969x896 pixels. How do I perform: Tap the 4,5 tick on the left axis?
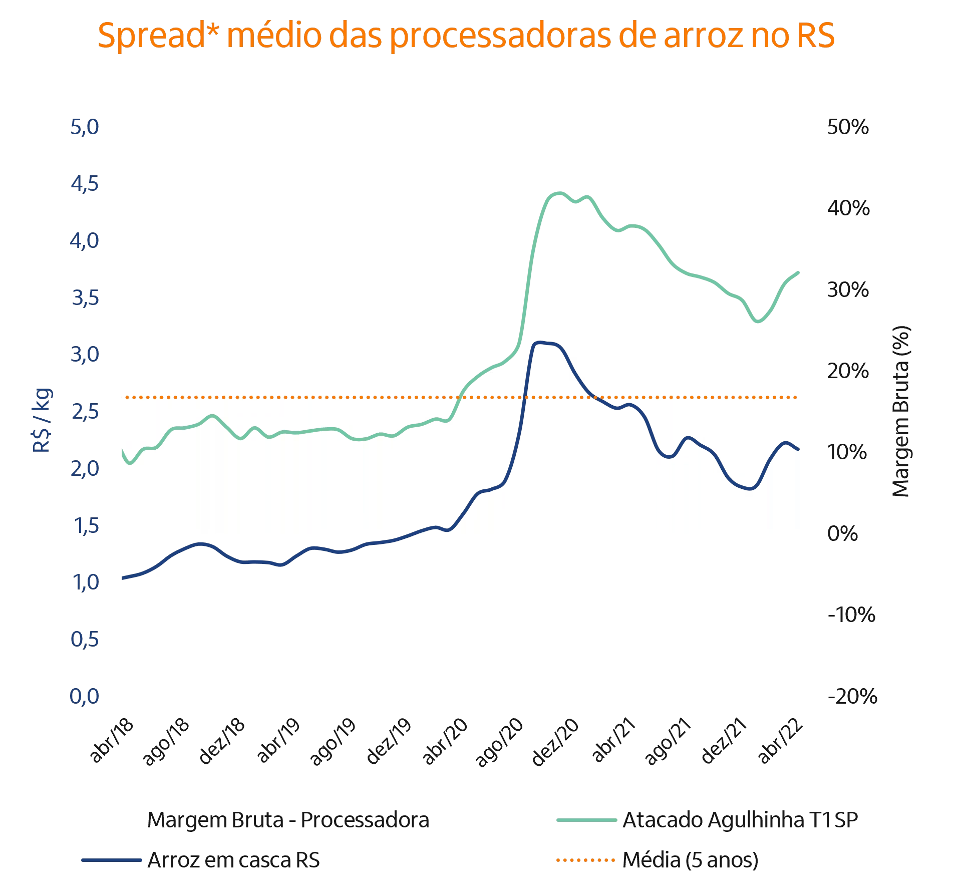85,184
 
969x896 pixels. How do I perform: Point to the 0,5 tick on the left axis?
85,639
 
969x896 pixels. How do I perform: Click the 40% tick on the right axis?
848,208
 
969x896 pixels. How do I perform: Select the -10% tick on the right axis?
852,615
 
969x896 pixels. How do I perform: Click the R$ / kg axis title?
42,420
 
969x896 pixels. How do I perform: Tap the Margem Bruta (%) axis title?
901,412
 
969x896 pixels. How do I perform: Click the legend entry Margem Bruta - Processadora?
288,820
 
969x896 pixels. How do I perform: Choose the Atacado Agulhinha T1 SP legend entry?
740,820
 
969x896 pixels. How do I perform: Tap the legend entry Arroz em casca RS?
233,860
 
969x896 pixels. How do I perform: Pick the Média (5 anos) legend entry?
690,860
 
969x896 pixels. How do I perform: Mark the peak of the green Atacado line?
559,192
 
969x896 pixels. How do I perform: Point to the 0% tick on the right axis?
843,534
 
